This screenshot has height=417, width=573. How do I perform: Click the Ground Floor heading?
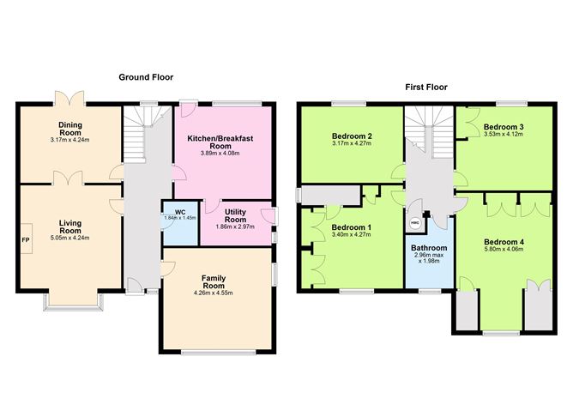tap(146, 77)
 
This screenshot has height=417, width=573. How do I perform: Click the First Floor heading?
tap(426, 87)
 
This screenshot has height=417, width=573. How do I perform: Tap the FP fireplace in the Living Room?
tap(26, 239)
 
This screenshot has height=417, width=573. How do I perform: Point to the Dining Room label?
tap(70, 129)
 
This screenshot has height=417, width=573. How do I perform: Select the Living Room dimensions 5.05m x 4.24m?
tap(70, 238)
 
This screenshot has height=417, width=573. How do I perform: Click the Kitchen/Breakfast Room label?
tap(220, 142)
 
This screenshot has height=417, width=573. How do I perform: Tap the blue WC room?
tap(180, 223)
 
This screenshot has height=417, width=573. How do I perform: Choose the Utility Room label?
tap(235, 215)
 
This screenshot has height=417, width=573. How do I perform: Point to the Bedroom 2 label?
tap(352, 136)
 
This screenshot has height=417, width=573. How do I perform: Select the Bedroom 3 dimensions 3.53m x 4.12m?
tap(504, 134)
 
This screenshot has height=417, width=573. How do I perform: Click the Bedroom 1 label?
tap(351, 227)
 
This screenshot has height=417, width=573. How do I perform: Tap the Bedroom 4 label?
tap(504, 242)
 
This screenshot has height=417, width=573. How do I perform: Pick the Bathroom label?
tap(429, 248)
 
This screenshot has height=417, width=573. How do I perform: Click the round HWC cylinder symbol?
tap(415, 222)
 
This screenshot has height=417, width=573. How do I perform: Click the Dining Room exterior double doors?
tap(69, 98)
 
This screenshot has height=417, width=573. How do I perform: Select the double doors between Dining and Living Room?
tap(69, 178)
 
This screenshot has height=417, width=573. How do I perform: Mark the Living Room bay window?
tap(73, 302)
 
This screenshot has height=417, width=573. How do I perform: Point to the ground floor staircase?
tap(142, 133)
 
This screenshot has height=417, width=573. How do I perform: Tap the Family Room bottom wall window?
tap(219, 353)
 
